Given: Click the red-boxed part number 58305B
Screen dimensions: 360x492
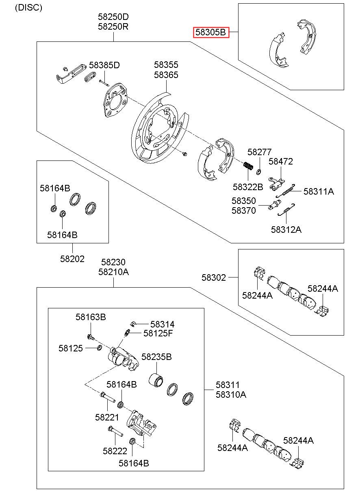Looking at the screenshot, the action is pos(210,33).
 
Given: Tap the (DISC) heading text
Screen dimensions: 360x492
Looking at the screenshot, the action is pos(28,8).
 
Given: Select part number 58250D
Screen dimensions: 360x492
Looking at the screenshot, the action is pos(113,17).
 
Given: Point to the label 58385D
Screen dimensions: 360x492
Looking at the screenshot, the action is pos(104,65).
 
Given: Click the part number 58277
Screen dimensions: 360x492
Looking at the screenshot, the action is pos(259,152).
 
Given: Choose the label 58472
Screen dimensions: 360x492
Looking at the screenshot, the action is pos(281,161).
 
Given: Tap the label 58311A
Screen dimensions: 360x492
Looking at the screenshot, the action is pos(319,191).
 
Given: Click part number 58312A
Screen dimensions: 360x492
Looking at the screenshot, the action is pos(286,230).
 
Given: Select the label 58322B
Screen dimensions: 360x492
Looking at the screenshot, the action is pos(248,187).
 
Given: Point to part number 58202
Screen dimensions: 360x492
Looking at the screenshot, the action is pos(72,259).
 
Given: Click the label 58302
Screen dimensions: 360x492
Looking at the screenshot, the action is pos(214,277).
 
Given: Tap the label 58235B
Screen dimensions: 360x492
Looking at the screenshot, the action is pos(156,357).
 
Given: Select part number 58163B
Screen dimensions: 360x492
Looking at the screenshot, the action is pos(91,317).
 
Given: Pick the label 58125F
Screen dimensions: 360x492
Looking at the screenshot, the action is pos(158,334).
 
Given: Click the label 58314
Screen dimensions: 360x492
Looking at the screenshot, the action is pos(162,324).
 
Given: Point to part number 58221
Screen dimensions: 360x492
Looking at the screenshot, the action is pos(107,417).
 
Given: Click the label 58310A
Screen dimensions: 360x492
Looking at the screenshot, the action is pos(231,395).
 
